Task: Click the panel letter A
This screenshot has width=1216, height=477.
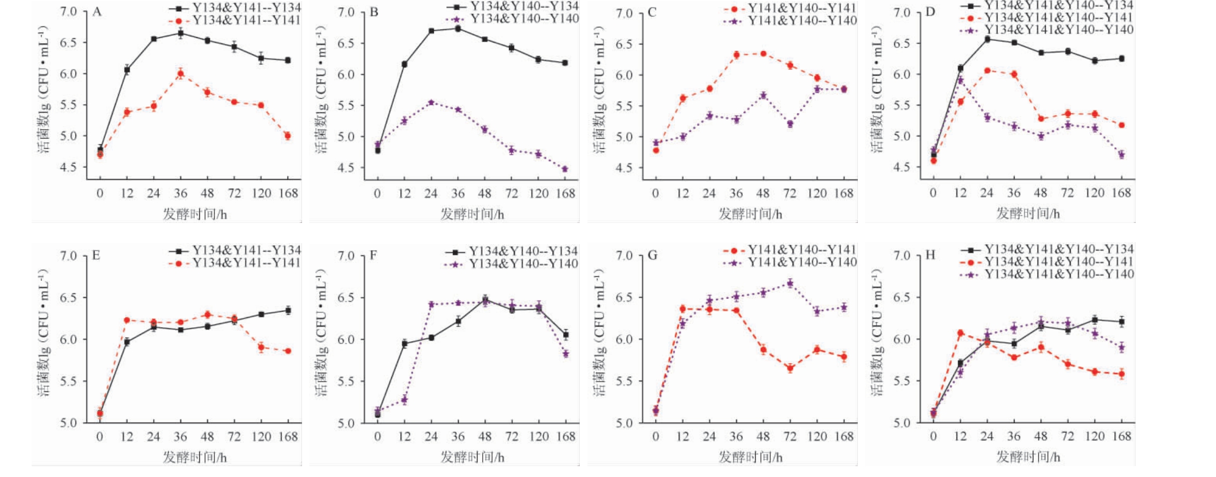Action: pyautogui.click(x=97, y=11)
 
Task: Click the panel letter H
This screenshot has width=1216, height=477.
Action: pyautogui.click(x=930, y=255)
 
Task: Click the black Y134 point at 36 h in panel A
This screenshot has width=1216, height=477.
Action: pyautogui.click(x=180, y=34)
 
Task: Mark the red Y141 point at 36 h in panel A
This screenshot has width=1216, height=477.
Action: pyautogui.click(x=180, y=74)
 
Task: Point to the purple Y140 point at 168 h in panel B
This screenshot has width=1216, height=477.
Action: pyautogui.click(x=565, y=169)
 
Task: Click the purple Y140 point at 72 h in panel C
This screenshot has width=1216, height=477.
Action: pyautogui.click(x=790, y=124)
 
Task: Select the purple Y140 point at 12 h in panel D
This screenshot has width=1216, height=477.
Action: pyautogui.click(x=960, y=80)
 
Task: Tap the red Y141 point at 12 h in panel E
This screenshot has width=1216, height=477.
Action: pyautogui.click(x=127, y=320)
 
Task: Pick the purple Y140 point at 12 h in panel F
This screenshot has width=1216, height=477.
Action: pyautogui.click(x=404, y=400)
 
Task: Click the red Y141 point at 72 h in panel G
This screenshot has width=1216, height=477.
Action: pyautogui.click(x=790, y=369)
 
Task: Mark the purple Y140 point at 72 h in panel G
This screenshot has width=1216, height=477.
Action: pyautogui.click(x=790, y=283)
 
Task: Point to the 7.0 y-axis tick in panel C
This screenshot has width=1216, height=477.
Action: pyautogui.click(x=624, y=13)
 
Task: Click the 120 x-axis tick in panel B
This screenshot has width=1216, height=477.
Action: pyautogui.click(x=538, y=194)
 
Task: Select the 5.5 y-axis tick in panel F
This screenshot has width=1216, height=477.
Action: pyautogui.click(x=346, y=381)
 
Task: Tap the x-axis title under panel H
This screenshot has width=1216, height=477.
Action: pyautogui.click(x=1028, y=457)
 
